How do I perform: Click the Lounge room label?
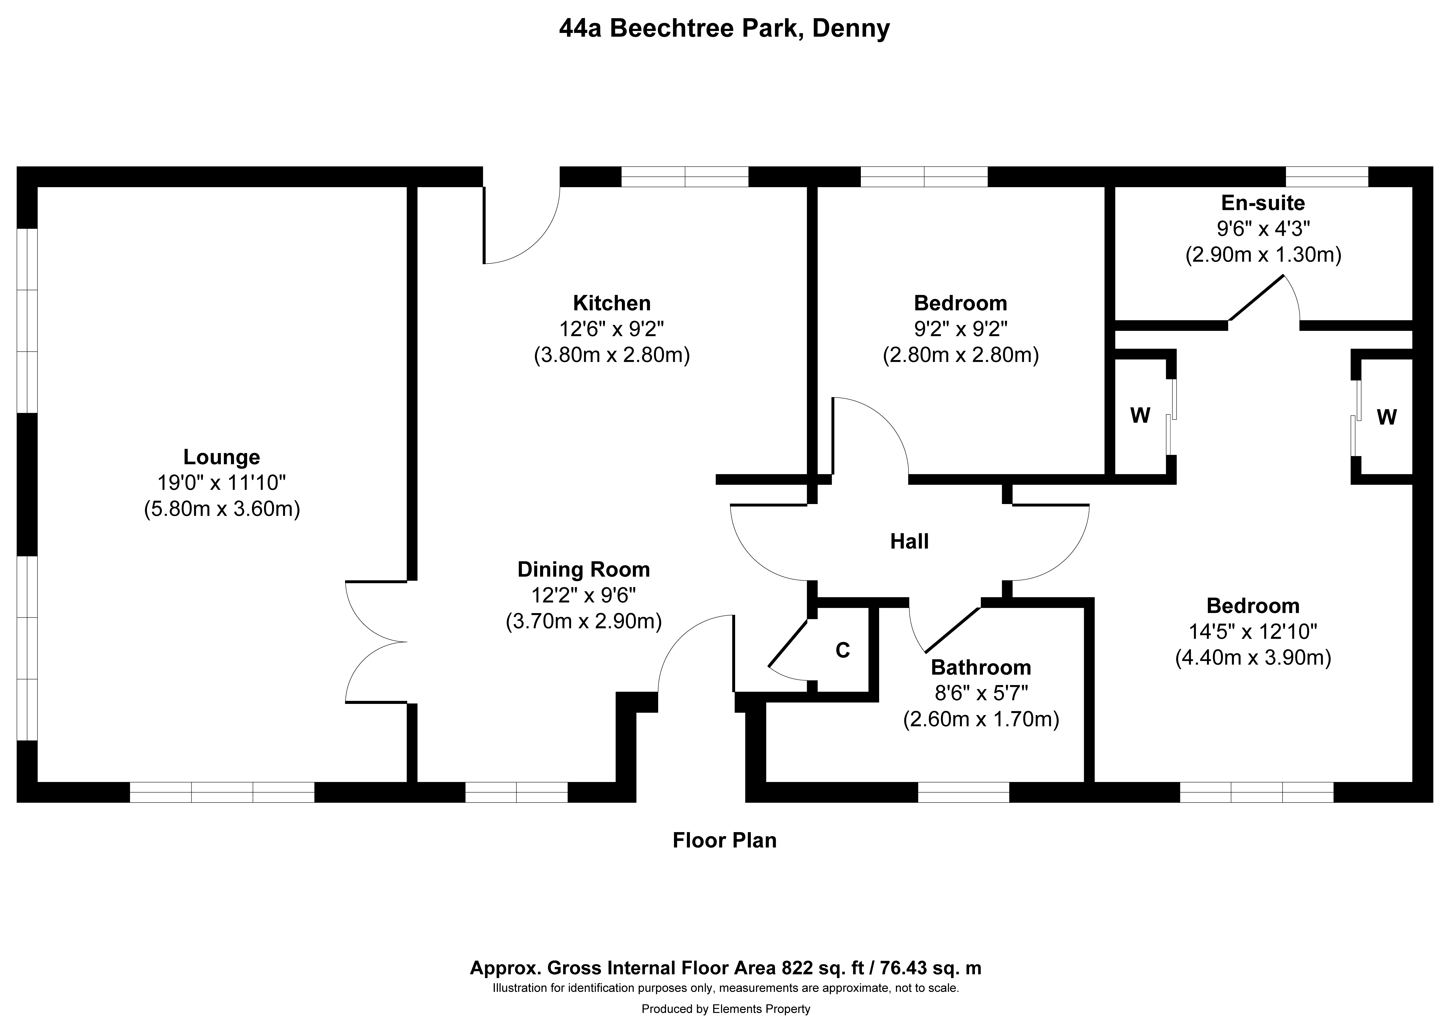click(x=222, y=456)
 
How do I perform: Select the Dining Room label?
click(x=584, y=569)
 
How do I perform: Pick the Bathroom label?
click(x=981, y=667)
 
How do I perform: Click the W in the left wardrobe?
click(x=1140, y=415)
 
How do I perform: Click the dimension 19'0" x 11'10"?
click(x=222, y=483)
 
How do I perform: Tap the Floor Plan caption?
click(x=724, y=840)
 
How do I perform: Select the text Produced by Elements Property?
click(x=726, y=1009)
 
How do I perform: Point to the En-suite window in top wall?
click(x=1327, y=177)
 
